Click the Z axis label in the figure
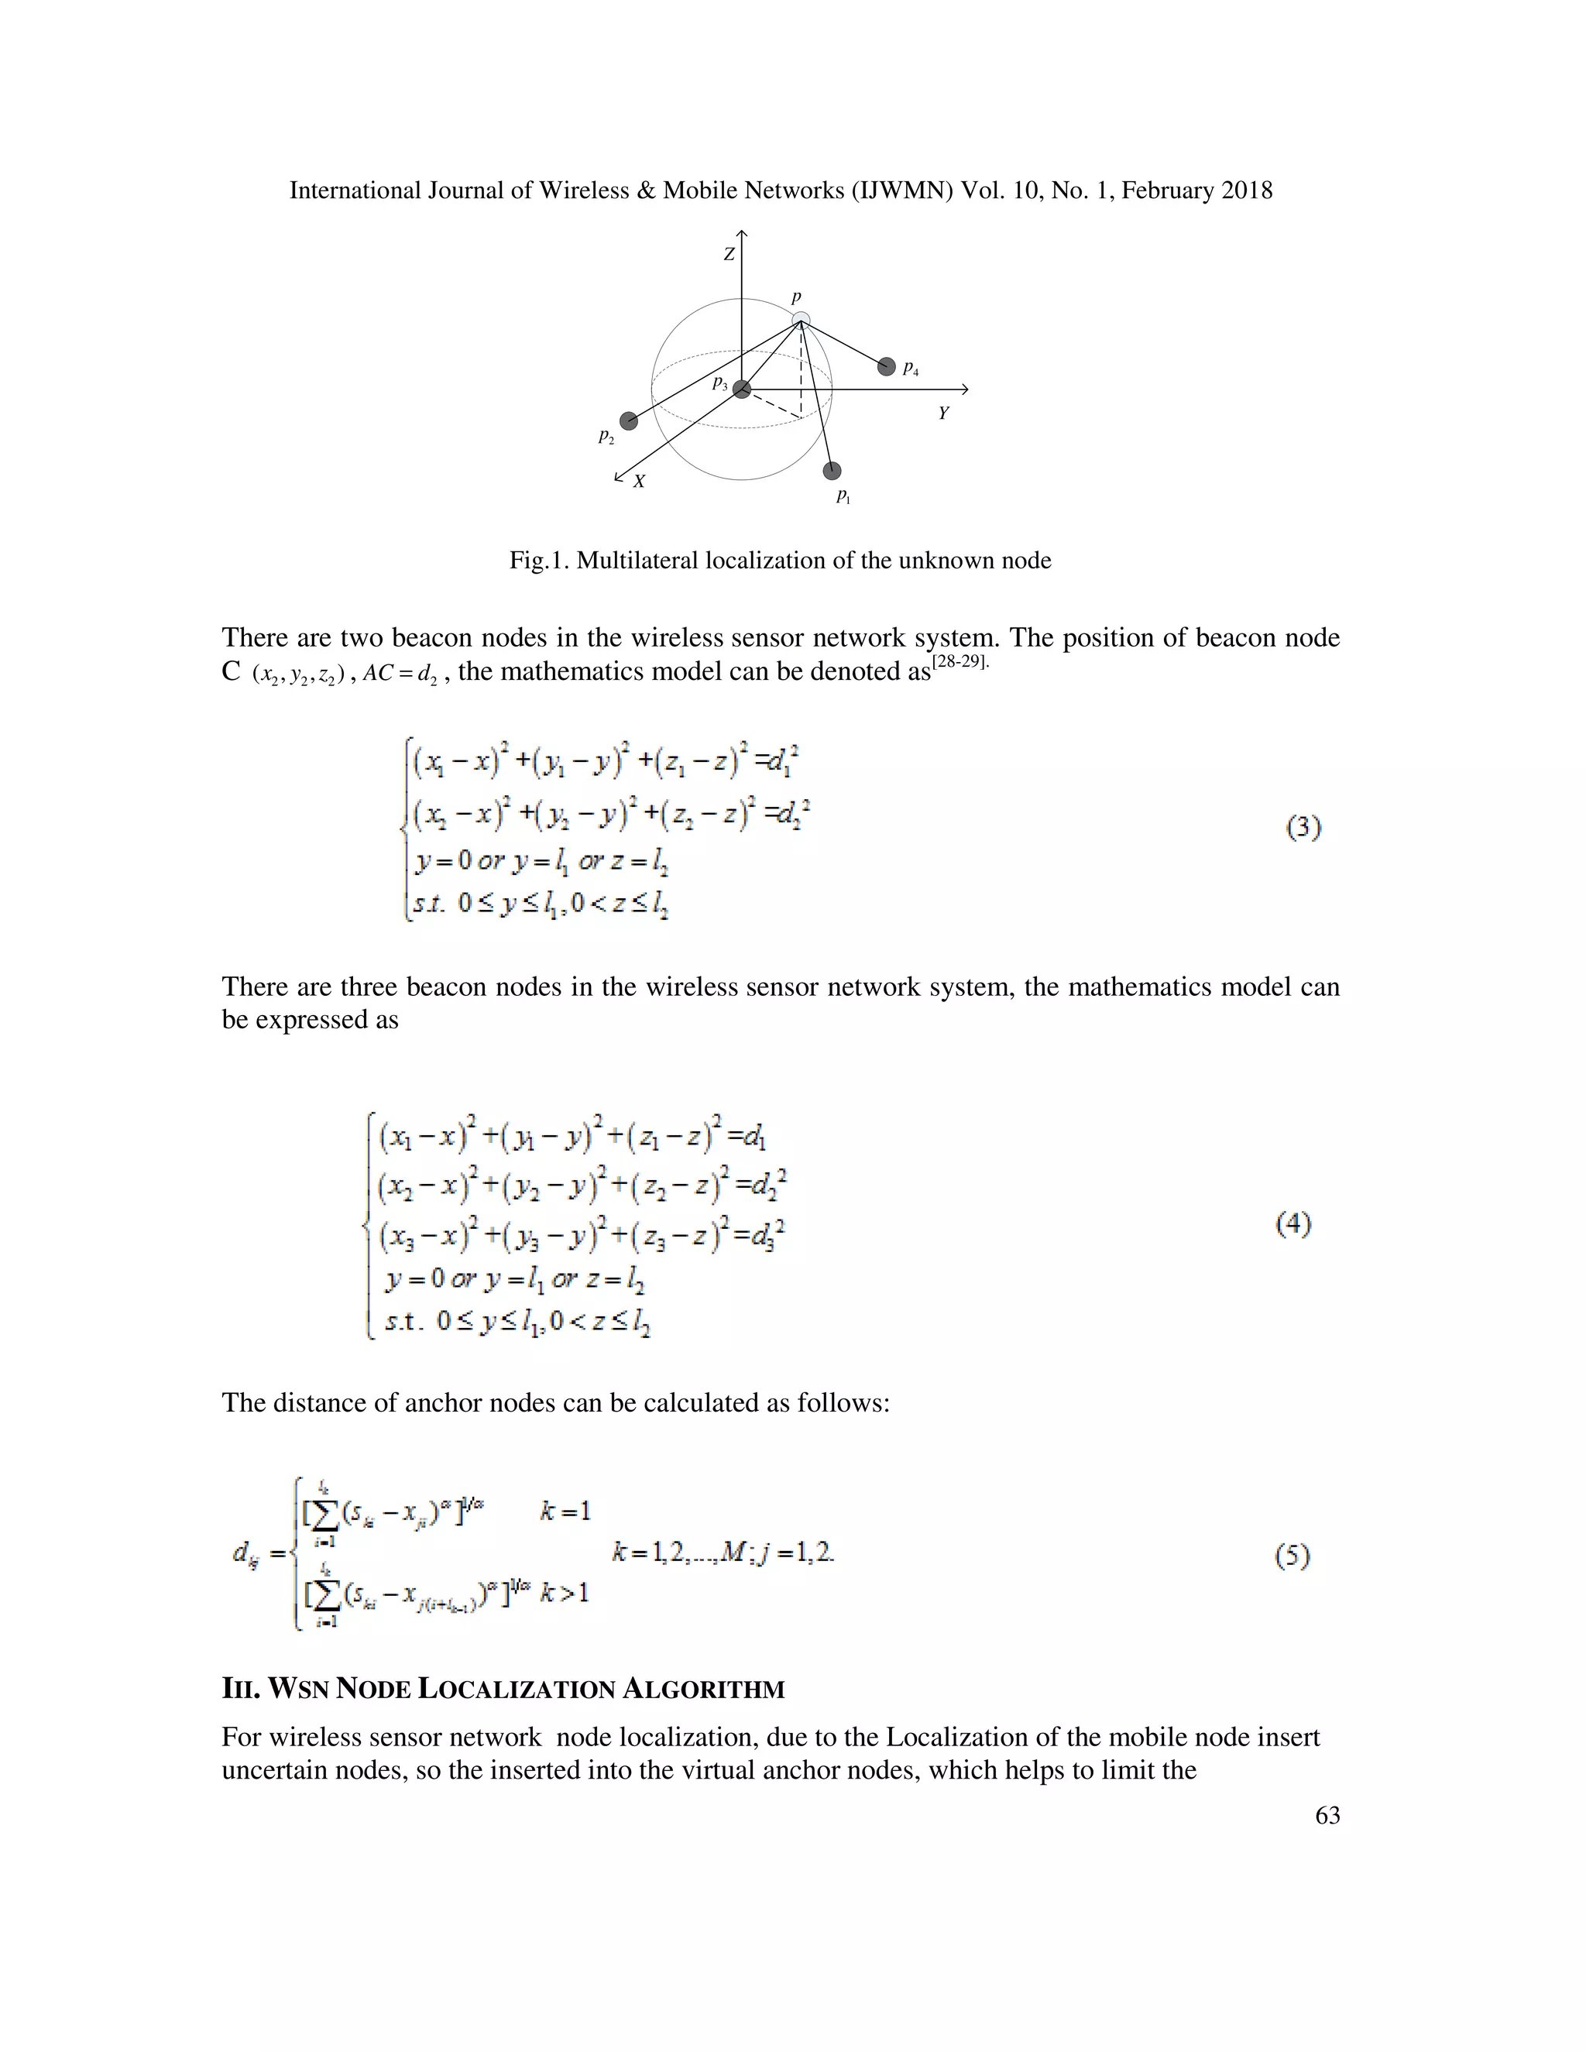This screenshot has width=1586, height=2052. (x=728, y=254)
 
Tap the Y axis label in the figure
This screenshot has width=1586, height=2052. (x=943, y=413)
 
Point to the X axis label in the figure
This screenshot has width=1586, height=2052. (x=639, y=481)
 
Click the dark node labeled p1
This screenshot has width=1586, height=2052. (x=832, y=471)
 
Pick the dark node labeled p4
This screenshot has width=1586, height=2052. (x=886, y=366)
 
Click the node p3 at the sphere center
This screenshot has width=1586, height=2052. (x=742, y=389)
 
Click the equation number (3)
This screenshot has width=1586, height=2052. (x=1303, y=828)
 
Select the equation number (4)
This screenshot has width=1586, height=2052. (x=1294, y=1223)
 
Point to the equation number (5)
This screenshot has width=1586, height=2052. (x=1292, y=1557)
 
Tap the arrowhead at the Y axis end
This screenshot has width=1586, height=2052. (x=964, y=389)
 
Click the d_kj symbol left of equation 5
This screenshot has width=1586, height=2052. (x=246, y=1555)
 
